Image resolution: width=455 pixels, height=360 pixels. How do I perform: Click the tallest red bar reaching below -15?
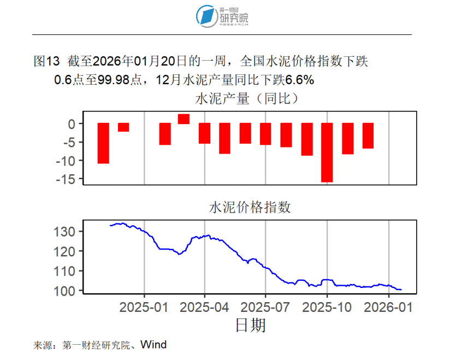coord(327,152)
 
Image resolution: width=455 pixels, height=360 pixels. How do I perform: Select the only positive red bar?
coord(184,119)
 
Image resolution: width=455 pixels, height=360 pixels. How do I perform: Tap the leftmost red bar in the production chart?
coord(103,143)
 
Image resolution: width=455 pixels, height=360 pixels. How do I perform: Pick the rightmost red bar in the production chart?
coord(368,135)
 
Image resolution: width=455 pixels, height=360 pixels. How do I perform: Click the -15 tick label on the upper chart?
coord(68,179)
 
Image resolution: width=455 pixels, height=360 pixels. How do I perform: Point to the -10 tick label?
coord(68,161)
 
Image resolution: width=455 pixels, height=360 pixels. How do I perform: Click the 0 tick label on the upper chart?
coord(72,124)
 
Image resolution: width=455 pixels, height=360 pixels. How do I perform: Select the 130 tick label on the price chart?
coord(66,232)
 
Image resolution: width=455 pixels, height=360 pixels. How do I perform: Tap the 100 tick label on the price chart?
coord(66,291)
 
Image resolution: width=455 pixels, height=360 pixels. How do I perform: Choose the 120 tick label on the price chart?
coord(66,251)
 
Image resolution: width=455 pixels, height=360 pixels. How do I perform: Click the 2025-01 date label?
coord(144,307)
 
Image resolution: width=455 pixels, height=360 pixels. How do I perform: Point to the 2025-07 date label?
coord(266,307)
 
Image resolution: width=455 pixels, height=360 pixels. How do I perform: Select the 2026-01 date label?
coord(388,307)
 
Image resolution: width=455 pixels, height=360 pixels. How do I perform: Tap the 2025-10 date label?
coord(327,307)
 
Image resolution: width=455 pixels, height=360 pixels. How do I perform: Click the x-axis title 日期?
coord(251,326)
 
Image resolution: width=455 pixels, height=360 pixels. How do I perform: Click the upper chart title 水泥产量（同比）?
coord(250,99)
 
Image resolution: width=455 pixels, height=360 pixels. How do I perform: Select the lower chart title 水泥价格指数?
coord(250,208)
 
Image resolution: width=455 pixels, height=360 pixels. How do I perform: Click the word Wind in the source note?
coord(153,345)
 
